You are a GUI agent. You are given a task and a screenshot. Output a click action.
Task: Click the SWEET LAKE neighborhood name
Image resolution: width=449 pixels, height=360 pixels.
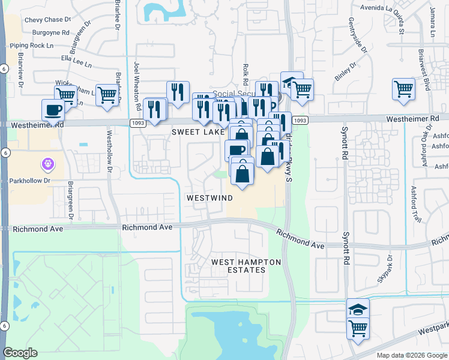pyautogui.click(x=197, y=131)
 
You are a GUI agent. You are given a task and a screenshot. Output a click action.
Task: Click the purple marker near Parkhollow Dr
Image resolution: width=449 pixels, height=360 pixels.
pyautogui.click(x=48, y=163)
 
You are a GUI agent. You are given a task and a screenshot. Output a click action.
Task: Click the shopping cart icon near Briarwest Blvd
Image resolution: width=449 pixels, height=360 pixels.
pyautogui.click(x=404, y=89)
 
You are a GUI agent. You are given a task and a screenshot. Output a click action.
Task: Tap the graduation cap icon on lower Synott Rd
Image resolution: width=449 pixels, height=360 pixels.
pyautogui.click(x=358, y=310)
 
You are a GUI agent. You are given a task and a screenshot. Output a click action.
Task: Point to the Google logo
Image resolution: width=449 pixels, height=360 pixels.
pyautogui.click(x=20, y=352)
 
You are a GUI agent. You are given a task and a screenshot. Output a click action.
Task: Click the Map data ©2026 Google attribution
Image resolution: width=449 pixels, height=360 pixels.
pyautogui.click(x=411, y=355)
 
